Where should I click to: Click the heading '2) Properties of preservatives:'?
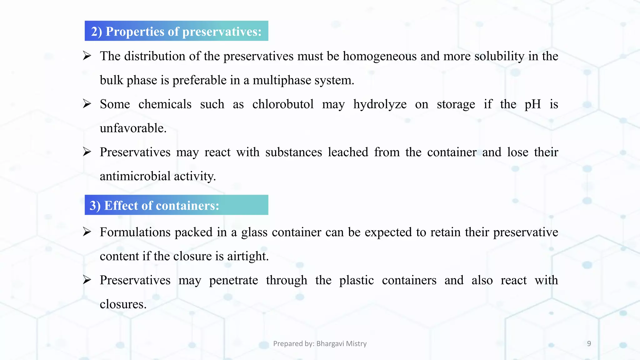(x=176, y=31)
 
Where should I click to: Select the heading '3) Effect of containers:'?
(x=154, y=205)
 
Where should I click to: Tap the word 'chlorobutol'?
(x=283, y=104)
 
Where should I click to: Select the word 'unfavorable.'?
(x=133, y=128)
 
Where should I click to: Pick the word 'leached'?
(x=348, y=152)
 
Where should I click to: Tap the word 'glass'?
(x=254, y=232)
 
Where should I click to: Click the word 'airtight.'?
(x=248, y=256)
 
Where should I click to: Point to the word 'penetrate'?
(x=233, y=280)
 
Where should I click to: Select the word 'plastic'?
(x=356, y=280)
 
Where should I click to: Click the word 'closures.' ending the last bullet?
(x=123, y=304)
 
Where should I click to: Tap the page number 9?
(x=589, y=343)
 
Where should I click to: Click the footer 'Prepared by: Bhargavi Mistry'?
(x=320, y=343)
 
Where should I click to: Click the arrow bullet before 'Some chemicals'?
(x=87, y=103)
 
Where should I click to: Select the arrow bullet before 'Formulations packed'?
(x=87, y=232)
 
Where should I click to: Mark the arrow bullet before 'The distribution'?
(x=87, y=56)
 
